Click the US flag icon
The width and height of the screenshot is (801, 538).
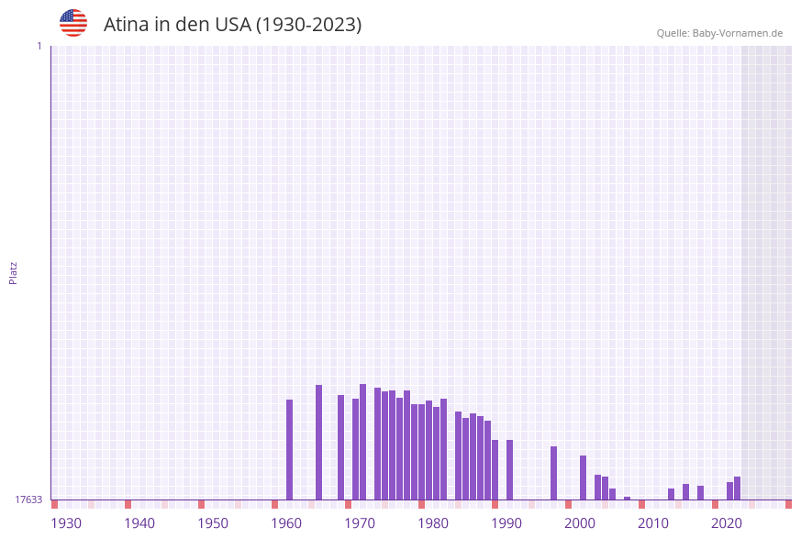[x=73, y=23]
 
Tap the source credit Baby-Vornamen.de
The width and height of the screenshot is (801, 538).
[x=738, y=33]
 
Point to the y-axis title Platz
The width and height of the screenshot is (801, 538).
[x=14, y=272]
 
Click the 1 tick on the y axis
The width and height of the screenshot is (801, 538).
[x=39, y=46]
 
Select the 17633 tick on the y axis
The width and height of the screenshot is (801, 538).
[x=28, y=500]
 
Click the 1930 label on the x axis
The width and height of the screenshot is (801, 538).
[x=66, y=522]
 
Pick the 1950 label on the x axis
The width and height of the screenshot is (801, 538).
[x=213, y=522]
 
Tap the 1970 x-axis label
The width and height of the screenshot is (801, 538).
[x=360, y=522]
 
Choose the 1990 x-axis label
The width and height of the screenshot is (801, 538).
[x=506, y=522]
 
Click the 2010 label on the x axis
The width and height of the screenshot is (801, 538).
[x=653, y=522]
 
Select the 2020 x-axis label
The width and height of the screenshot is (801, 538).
[x=727, y=522]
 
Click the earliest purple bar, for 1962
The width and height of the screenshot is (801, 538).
[x=289, y=449]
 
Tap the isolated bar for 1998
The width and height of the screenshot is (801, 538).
[x=553, y=473]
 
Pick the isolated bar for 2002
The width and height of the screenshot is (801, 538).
[x=583, y=478]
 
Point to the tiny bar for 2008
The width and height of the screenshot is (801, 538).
[x=627, y=498]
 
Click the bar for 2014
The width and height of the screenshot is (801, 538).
[x=671, y=494]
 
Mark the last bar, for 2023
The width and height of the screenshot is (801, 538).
[x=737, y=488]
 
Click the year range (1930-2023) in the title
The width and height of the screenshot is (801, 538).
[x=308, y=25]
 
